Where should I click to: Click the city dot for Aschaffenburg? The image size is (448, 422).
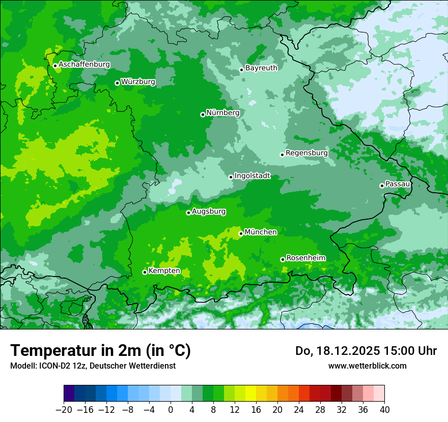tap(55, 66)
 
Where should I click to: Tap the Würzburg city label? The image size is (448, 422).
tap(138, 82)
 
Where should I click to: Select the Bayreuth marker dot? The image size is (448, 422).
tap(241, 70)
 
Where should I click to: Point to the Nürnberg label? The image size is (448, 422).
tap(222, 113)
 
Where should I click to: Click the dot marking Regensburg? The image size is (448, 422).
tap(282, 155)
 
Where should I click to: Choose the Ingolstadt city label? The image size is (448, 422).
tap(252, 176)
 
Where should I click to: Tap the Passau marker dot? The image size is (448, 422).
tap(382, 186)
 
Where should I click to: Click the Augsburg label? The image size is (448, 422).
tap(209, 212)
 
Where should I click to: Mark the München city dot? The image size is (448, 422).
tap(241, 233)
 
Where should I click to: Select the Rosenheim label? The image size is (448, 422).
tap(305, 258)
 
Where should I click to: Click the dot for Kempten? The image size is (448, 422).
tap(145, 272)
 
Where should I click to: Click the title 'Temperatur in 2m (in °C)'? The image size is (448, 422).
tap(100, 351)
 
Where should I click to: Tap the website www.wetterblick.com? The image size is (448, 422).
tap(367, 366)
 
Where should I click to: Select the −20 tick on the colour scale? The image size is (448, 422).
tap(64, 409)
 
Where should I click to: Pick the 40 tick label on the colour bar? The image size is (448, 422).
tap(384, 409)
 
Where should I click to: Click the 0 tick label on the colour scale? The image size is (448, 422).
tap(171, 409)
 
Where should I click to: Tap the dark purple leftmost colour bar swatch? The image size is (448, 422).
tap(69, 394)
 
